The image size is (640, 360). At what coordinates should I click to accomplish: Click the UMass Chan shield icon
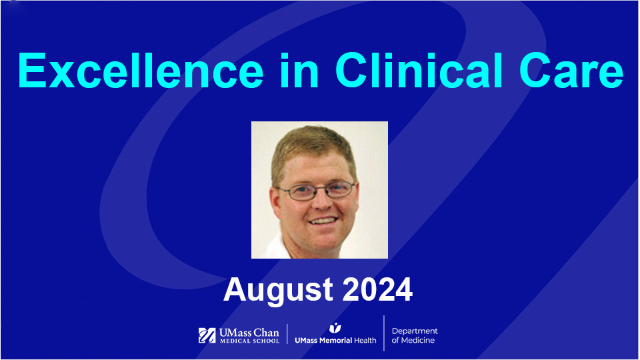(207, 335)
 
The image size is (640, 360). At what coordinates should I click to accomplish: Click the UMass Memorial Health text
(335, 340)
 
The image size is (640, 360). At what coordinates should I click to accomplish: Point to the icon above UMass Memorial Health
(335, 327)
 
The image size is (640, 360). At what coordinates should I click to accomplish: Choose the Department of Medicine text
(414, 336)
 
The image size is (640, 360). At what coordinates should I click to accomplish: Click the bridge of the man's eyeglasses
(316, 189)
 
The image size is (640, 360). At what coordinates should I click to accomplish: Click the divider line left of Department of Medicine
(384, 333)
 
